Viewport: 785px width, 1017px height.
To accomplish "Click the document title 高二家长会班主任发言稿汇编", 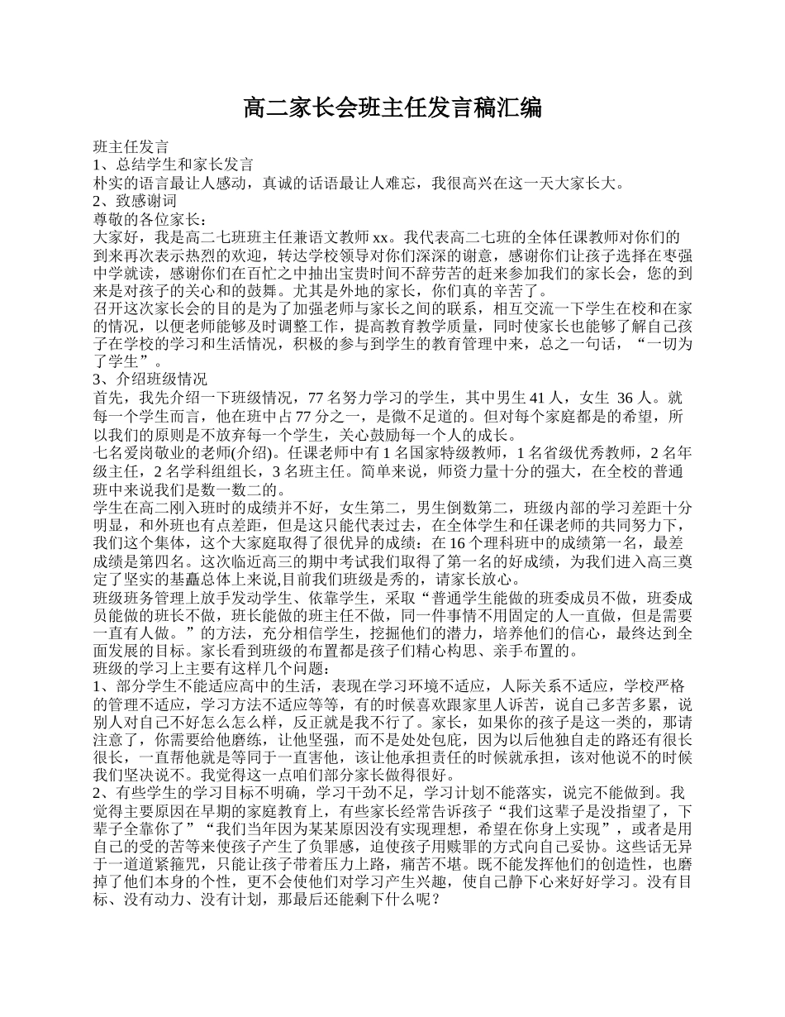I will pyautogui.click(x=392, y=107).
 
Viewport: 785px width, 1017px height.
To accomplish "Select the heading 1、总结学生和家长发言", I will pyautogui.click(x=174, y=165).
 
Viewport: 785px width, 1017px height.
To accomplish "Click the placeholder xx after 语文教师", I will pyautogui.click(x=381, y=238).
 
